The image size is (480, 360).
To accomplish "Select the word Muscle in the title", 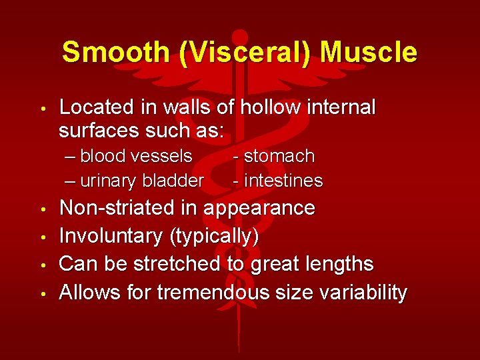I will click(x=367, y=52).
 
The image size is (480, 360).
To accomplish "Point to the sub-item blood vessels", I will click(x=136, y=156).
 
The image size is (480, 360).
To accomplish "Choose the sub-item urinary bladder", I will click(x=142, y=181).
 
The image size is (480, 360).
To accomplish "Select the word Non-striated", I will click(x=118, y=208).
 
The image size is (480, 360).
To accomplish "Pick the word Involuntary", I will click(x=107, y=236).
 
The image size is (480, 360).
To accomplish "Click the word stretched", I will click(x=177, y=264).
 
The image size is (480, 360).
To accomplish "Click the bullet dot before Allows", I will click(x=42, y=293).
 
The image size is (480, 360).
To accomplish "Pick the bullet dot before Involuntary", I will click(x=42, y=237).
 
